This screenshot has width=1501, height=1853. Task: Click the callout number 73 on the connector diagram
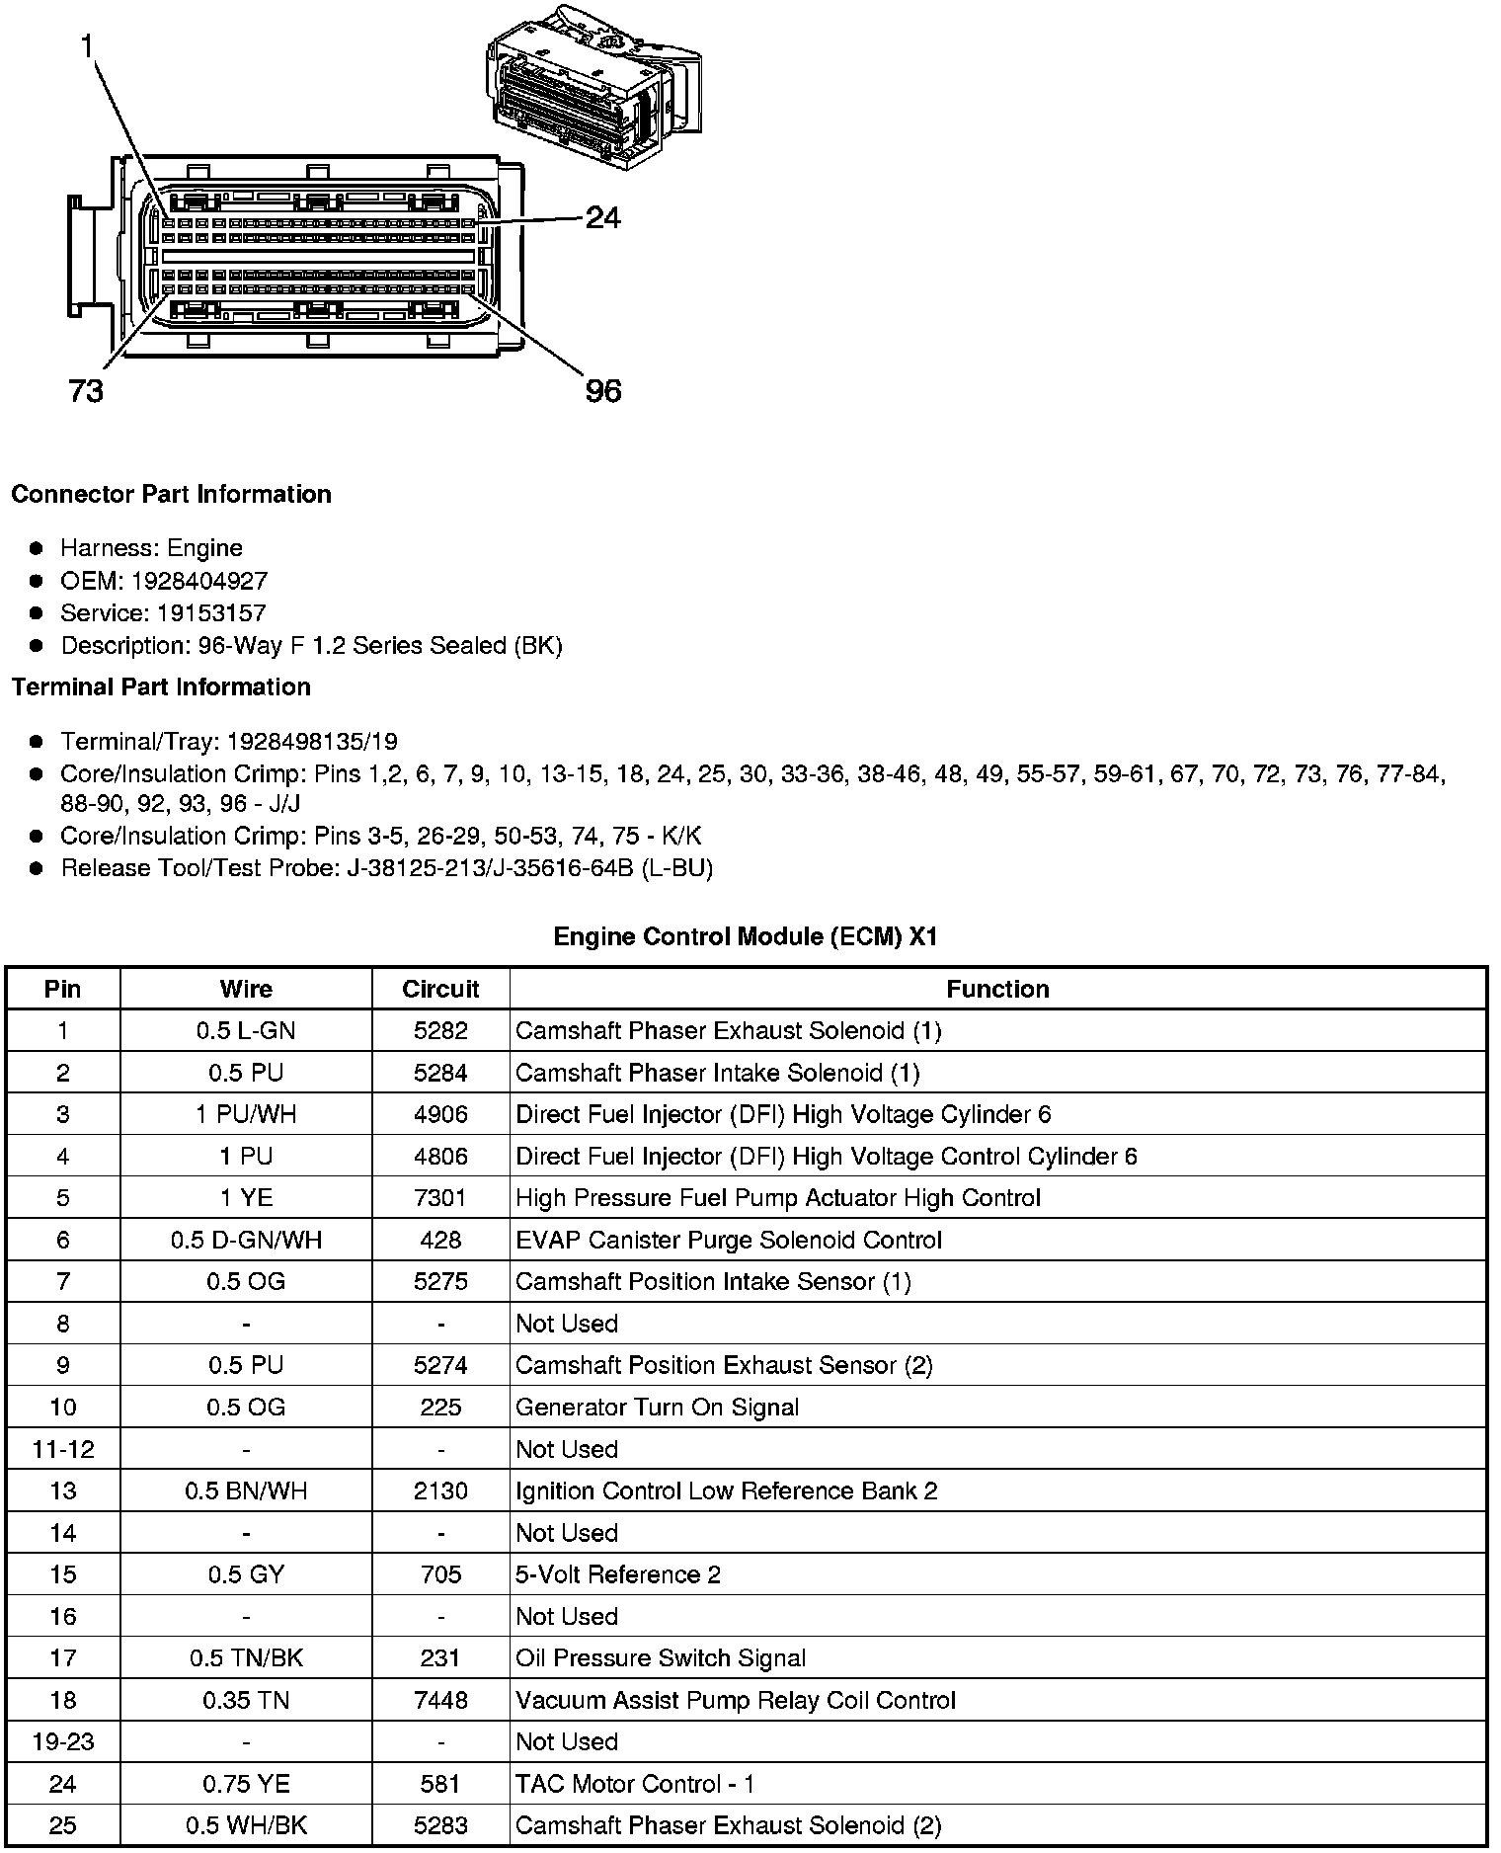(86, 391)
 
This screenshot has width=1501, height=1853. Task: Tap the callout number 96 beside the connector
(603, 391)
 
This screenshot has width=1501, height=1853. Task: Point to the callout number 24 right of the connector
(603, 217)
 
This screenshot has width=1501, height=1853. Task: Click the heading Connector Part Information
(171, 494)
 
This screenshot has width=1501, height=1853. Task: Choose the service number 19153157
(211, 613)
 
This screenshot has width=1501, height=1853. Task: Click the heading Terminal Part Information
(161, 686)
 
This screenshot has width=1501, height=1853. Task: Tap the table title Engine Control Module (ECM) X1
(745, 935)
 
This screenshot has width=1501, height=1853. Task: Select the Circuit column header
(440, 989)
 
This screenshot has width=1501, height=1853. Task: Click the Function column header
(997, 989)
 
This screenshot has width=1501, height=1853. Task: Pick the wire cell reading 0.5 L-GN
(246, 1031)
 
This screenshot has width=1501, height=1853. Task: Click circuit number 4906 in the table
(440, 1115)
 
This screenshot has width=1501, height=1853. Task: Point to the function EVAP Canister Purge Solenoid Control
(729, 1241)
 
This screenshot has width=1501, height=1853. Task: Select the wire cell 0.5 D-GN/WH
(246, 1241)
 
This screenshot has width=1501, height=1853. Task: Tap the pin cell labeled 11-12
(63, 1449)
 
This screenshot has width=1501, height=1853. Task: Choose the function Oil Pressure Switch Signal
(661, 1658)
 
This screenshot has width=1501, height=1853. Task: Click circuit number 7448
(440, 1700)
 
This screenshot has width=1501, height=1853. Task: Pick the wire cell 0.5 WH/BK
(246, 1825)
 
